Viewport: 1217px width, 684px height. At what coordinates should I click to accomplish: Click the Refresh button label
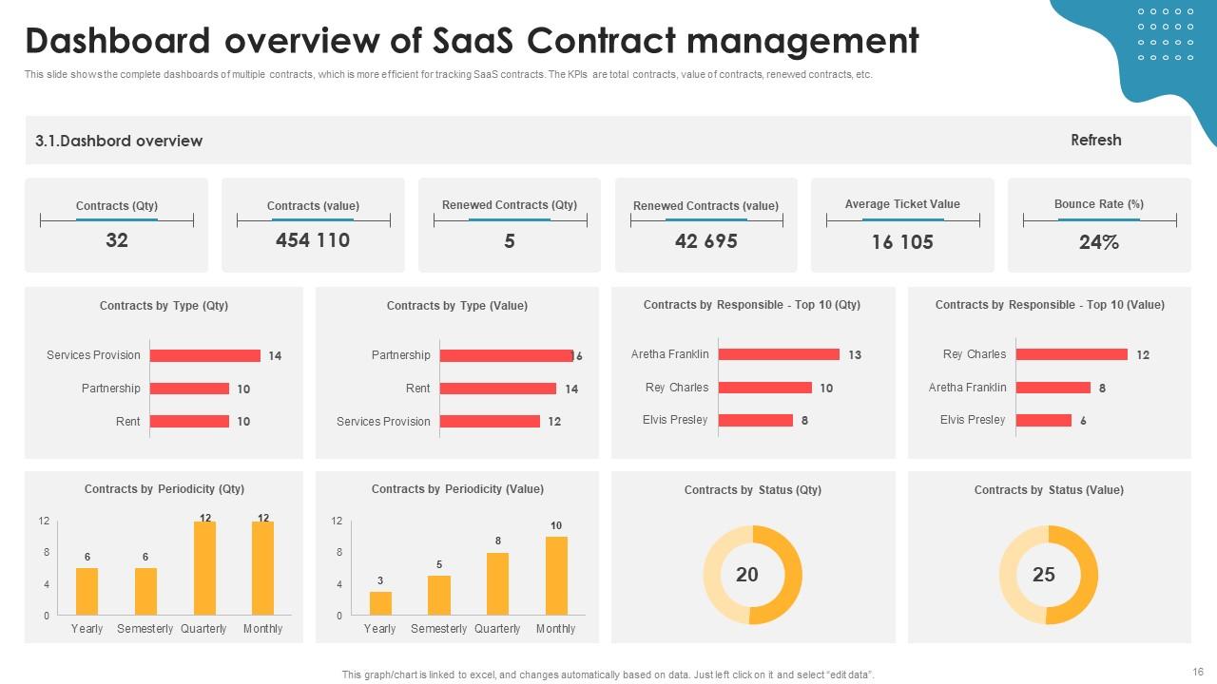(1095, 140)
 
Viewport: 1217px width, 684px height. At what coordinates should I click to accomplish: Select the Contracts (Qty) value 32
(116, 240)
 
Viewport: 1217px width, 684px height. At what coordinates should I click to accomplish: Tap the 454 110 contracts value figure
(313, 240)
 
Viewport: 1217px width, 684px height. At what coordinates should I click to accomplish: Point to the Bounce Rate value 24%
(1098, 242)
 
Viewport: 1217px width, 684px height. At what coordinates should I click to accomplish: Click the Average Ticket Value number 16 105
(902, 242)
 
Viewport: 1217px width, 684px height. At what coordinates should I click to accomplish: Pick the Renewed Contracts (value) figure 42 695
(705, 241)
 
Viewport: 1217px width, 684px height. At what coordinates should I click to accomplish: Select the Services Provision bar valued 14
(205, 355)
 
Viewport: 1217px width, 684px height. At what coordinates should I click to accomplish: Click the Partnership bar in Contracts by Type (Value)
(506, 355)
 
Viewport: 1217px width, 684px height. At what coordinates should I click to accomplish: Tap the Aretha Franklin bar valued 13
(779, 354)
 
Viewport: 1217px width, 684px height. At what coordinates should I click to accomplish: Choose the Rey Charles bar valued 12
(1072, 354)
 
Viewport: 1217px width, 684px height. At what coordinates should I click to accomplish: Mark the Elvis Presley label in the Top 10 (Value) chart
(973, 420)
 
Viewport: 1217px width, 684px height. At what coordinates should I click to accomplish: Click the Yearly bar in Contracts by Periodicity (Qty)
(87, 591)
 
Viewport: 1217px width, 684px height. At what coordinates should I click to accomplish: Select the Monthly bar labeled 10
(556, 576)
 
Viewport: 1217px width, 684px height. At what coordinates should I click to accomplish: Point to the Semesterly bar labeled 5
(438, 595)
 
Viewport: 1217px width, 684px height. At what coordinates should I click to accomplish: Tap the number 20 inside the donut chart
(747, 575)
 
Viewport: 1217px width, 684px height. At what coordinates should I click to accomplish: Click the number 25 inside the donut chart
(1044, 575)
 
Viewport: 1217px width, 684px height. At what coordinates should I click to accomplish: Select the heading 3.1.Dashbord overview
(119, 141)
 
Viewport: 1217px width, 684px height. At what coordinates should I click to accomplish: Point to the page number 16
(1197, 671)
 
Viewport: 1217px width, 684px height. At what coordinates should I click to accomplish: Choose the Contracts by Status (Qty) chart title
(752, 490)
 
